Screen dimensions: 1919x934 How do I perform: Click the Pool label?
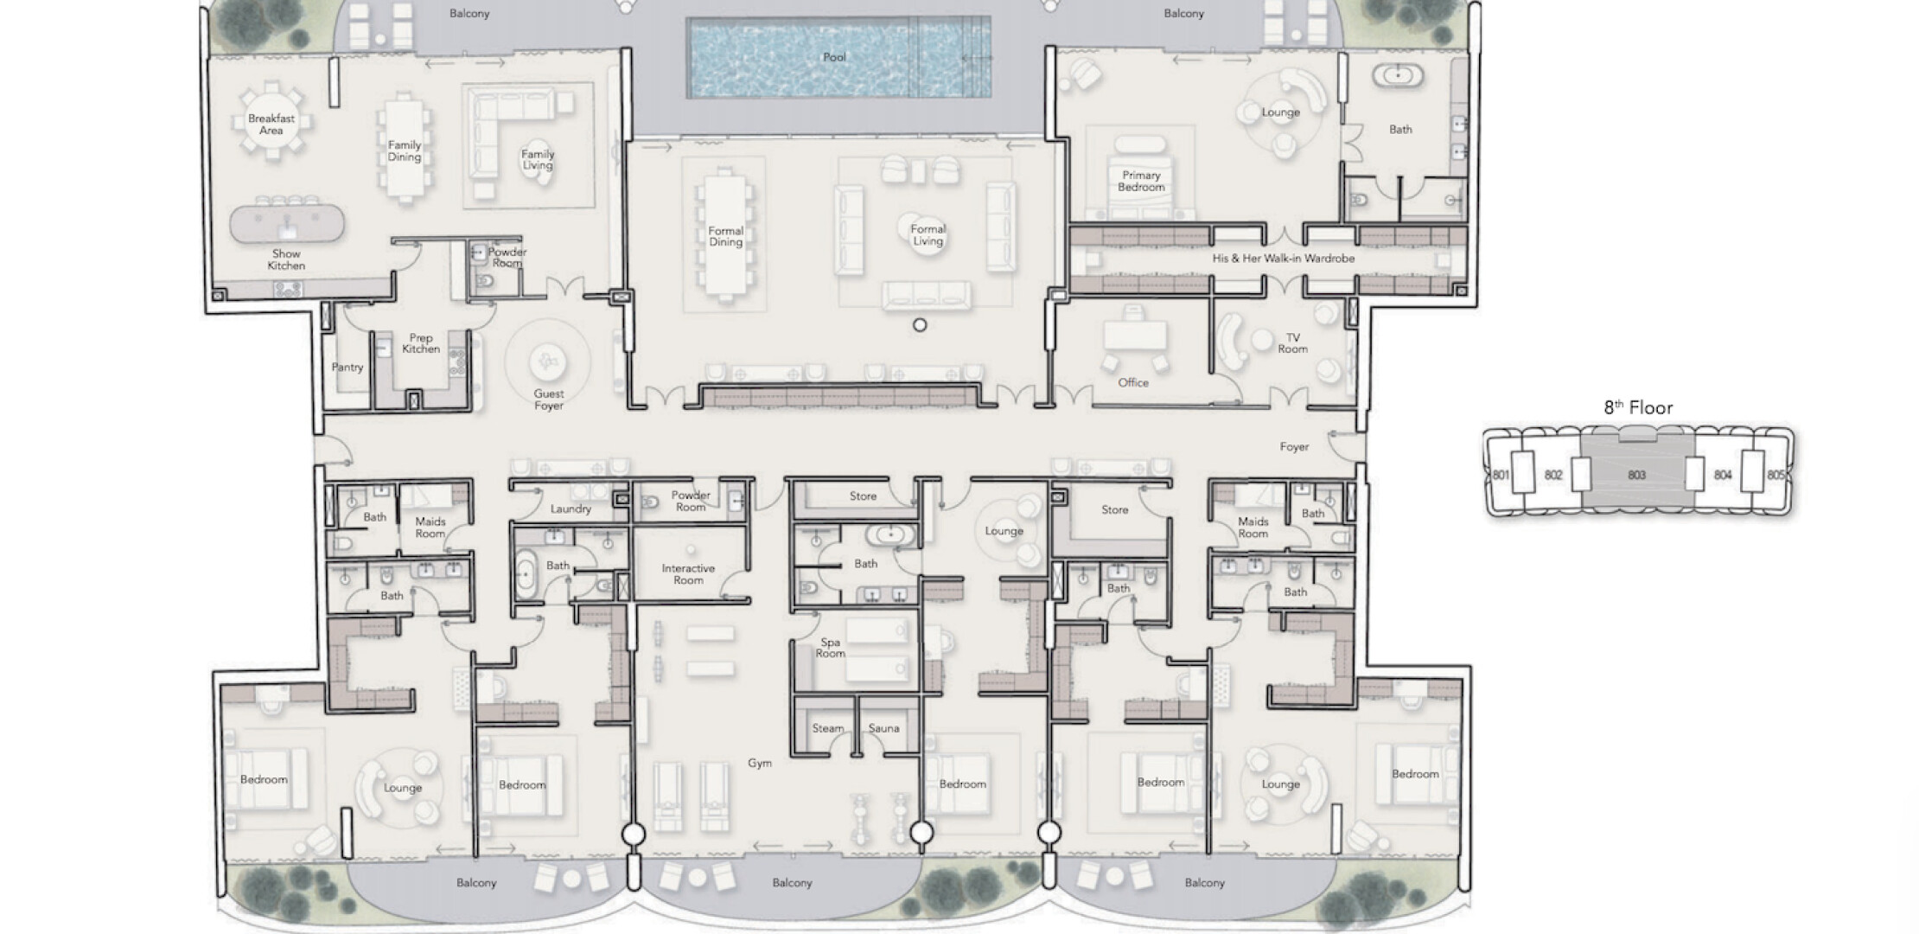tap(834, 57)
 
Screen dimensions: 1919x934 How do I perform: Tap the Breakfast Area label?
tap(271, 125)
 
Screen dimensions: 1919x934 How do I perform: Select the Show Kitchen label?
tap(286, 259)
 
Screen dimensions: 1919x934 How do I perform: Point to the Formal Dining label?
tap(726, 236)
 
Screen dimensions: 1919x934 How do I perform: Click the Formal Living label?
tap(928, 235)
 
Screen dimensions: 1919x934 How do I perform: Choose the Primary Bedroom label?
tap(1141, 181)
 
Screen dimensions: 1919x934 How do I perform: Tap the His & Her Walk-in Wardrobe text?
tap(1283, 259)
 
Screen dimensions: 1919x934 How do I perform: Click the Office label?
tap(1133, 382)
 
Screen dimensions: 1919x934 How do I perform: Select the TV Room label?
tap(1292, 343)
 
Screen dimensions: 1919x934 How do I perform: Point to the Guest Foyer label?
tap(549, 400)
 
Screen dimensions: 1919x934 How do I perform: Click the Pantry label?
tap(347, 368)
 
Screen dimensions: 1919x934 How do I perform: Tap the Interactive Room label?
tap(688, 574)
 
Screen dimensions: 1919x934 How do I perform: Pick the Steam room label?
tap(827, 728)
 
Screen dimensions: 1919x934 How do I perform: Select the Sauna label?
tap(883, 728)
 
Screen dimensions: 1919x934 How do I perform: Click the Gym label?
tap(760, 763)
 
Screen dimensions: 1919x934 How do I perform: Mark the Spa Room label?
tap(830, 648)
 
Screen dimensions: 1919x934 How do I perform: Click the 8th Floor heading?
tap(1638, 407)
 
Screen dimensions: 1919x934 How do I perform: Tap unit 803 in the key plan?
tap(1636, 475)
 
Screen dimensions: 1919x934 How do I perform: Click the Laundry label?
tap(571, 509)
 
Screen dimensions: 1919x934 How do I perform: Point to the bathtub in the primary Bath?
tap(1397, 75)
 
